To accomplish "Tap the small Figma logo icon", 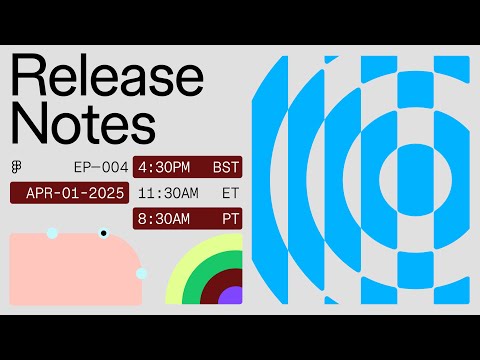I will click(17, 167).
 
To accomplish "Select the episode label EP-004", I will click(100, 167).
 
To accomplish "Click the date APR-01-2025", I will click(69, 192).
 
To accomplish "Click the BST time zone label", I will click(227, 167).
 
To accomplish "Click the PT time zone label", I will click(231, 217).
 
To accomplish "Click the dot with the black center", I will click(103, 233).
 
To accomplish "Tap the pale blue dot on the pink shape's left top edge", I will click(52, 233).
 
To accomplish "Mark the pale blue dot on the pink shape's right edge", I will click(141, 273).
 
